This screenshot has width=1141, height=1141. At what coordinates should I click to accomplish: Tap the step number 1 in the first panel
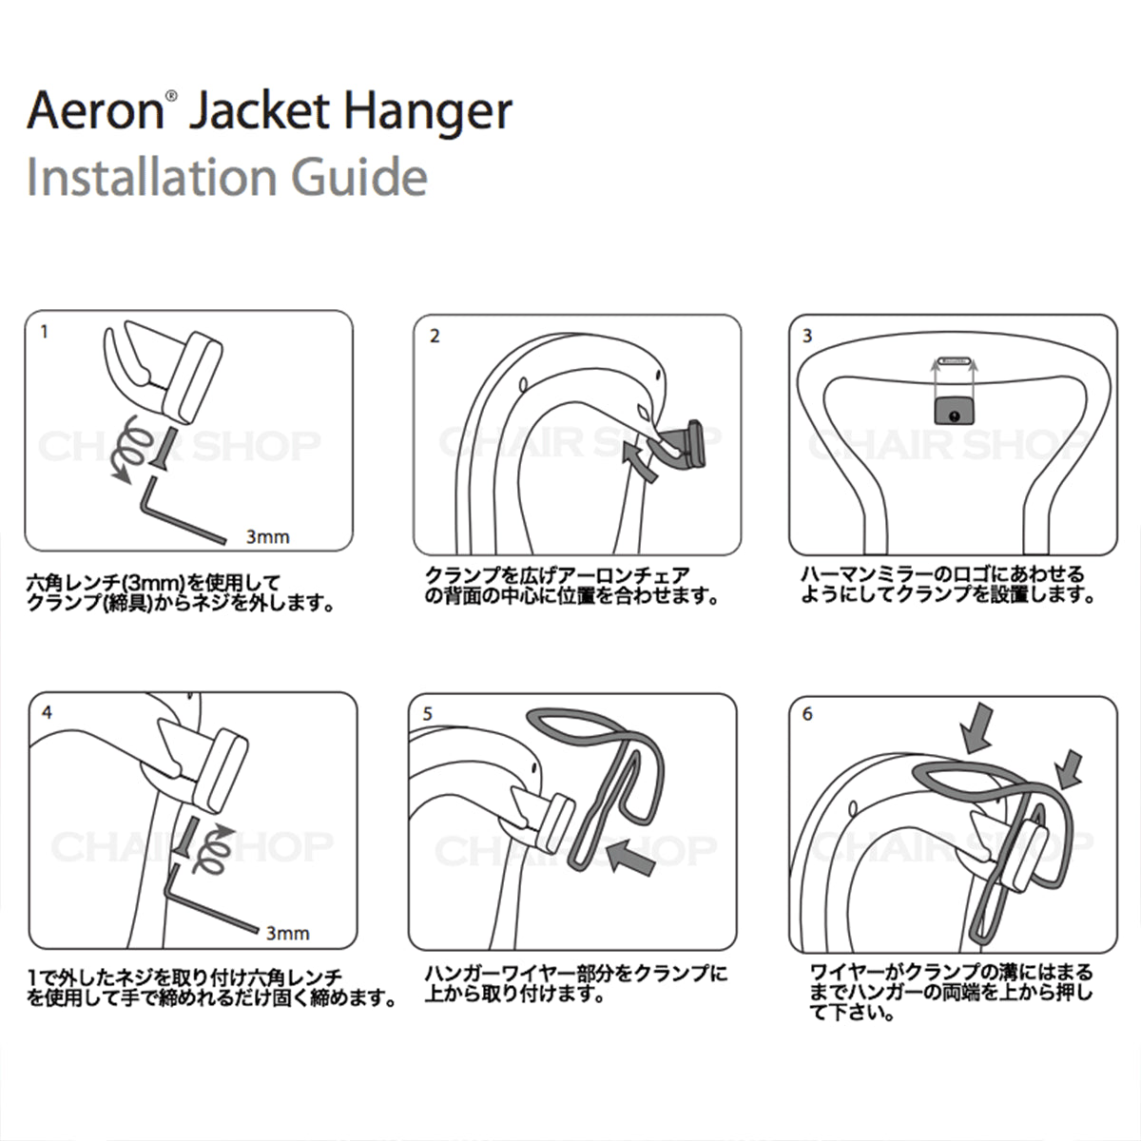point(44,334)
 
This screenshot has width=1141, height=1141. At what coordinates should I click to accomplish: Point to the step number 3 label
point(807,336)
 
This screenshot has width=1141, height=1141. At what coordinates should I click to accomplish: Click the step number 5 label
point(427,713)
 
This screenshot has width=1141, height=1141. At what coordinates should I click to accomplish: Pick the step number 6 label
point(807,714)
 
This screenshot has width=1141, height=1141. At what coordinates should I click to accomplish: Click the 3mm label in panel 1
point(267,537)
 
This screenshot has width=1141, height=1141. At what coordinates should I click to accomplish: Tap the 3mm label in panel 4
point(287,933)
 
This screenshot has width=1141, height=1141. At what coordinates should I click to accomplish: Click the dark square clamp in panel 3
point(953,411)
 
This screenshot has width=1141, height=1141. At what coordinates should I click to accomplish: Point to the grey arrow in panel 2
point(641,462)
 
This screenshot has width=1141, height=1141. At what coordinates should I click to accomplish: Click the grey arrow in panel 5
point(633,859)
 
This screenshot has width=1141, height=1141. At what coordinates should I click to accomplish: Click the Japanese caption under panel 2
point(570,586)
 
